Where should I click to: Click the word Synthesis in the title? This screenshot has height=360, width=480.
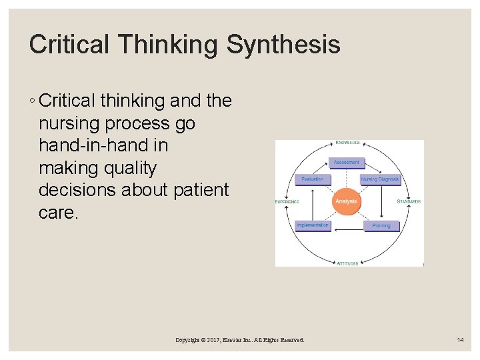(x=283, y=45)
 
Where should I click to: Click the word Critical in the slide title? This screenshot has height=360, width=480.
(x=67, y=45)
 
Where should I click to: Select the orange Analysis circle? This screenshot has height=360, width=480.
(x=346, y=201)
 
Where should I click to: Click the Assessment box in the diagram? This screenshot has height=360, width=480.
(x=346, y=162)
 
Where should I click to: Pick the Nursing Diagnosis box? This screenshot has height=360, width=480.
(x=379, y=179)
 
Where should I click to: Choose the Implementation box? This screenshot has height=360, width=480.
(x=312, y=225)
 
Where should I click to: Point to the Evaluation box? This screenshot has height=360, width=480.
(x=312, y=179)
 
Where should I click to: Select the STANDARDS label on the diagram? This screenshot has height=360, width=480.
(x=409, y=201)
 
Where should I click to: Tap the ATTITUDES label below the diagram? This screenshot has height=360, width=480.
(x=347, y=263)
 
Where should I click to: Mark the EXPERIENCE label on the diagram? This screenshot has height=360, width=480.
(x=287, y=201)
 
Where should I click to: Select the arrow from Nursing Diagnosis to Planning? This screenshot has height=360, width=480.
(x=381, y=203)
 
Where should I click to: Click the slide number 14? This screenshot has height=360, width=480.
(x=460, y=340)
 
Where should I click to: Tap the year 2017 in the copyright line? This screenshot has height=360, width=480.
(x=215, y=340)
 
